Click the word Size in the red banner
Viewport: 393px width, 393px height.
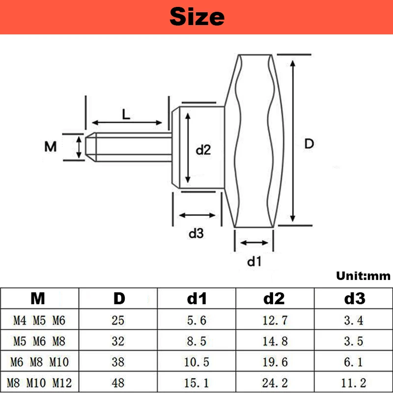[x=196, y=17]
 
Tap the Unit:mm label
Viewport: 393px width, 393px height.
[x=363, y=276]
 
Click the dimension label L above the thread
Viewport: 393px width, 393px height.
[x=126, y=114]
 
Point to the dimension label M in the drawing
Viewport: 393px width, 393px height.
[x=51, y=146]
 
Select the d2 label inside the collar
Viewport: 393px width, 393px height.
[x=203, y=150]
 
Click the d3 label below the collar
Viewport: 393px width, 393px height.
[x=196, y=234]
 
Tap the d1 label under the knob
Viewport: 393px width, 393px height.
[x=253, y=262]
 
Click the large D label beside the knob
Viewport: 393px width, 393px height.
[x=309, y=144]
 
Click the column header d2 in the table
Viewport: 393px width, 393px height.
[x=274, y=298]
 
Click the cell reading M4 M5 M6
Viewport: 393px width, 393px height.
[x=39, y=321]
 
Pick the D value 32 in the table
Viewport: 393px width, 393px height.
[x=118, y=340]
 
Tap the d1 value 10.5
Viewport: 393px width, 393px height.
[x=196, y=362]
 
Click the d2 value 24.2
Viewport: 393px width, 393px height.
[x=274, y=382]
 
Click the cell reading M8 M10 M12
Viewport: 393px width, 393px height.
[x=39, y=382]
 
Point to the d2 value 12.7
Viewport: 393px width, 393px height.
[x=274, y=321]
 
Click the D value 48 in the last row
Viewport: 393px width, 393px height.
[x=118, y=382]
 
